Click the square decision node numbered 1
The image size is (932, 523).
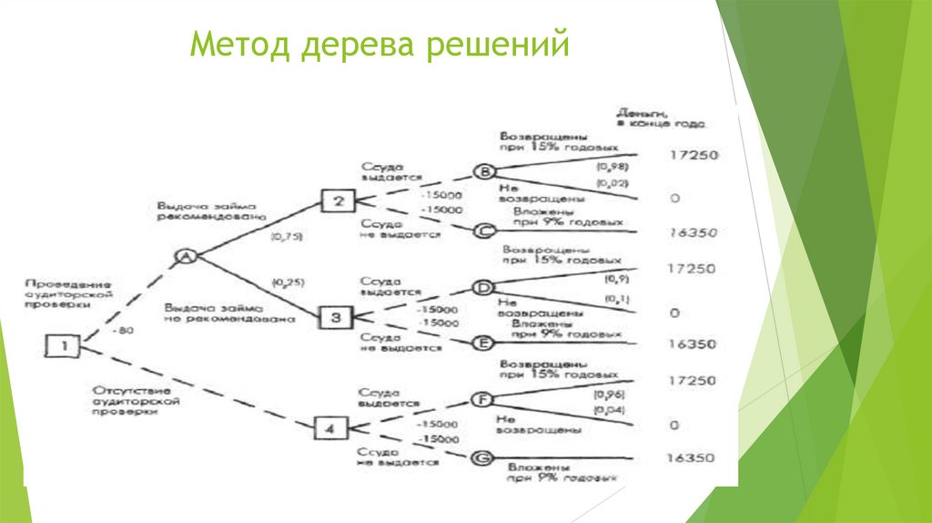click(64, 345)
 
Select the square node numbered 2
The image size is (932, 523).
click(337, 201)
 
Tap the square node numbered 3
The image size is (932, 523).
click(335, 317)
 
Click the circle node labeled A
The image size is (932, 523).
click(185, 257)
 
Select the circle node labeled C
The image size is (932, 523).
click(484, 231)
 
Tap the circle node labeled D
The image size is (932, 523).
click(483, 289)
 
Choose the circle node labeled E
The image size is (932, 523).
click(483, 343)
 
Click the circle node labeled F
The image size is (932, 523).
click(481, 399)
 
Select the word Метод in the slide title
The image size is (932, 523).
click(239, 44)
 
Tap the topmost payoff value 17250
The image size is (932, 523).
click(692, 155)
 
